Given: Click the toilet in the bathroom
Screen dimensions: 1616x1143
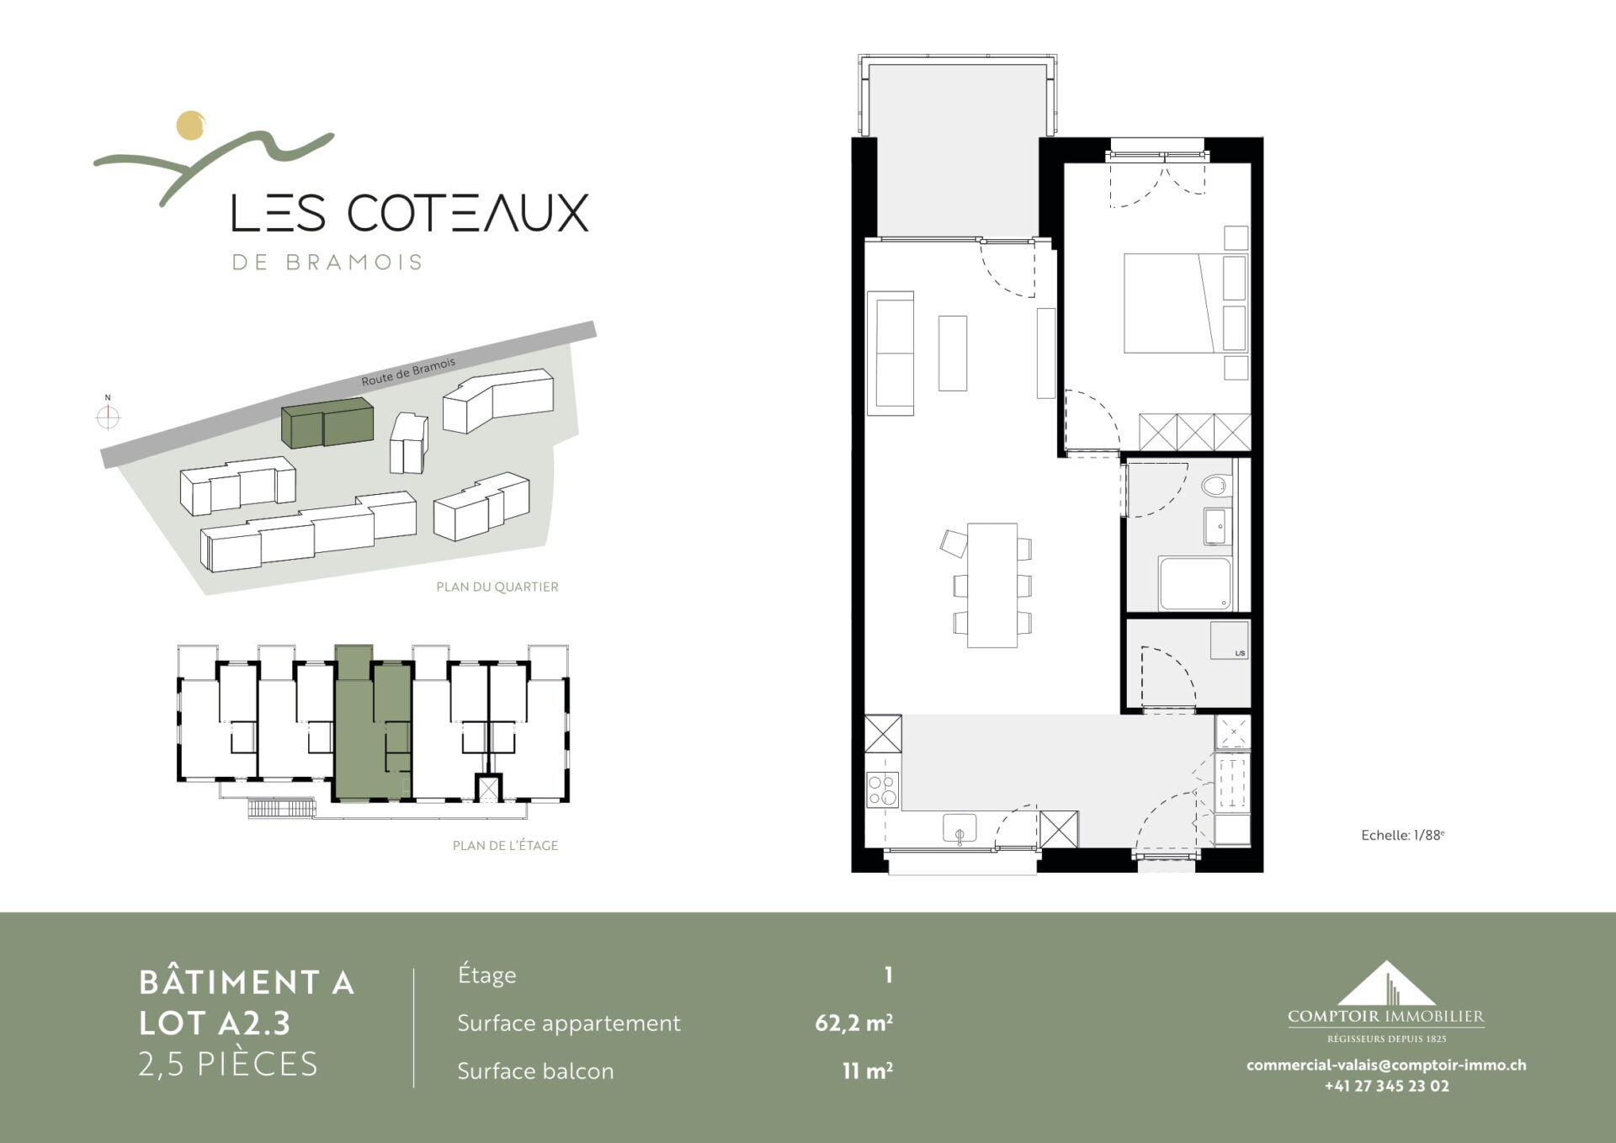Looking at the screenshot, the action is pyautogui.click(x=1215, y=485).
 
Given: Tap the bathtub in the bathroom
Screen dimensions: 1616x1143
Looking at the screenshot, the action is pyautogui.click(x=1194, y=583).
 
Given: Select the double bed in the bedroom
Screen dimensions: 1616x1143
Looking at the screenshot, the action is pyautogui.click(x=1174, y=302).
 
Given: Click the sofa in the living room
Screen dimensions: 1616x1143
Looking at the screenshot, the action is pyautogui.click(x=890, y=354).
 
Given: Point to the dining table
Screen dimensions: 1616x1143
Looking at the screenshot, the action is pyautogui.click(x=992, y=585).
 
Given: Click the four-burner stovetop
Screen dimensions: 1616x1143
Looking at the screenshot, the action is pyautogui.click(x=883, y=789).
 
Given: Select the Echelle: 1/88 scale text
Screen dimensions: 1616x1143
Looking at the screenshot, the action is pyautogui.click(x=1403, y=835).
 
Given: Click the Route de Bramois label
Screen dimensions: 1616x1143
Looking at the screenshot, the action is pyautogui.click(x=408, y=371).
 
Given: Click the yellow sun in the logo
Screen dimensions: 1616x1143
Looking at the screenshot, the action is pyautogui.click(x=191, y=125).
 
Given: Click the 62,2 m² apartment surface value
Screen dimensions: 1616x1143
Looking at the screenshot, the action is pyautogui.click(x=853, y=1023).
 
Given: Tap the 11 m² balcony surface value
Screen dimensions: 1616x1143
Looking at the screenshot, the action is pyautogui.click(x=867, y=1071).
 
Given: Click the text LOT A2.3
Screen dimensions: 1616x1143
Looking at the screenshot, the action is pyautogui.click(x=215, y=1023).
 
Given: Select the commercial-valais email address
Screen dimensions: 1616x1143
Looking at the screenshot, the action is pyautogui.click(x=1386, y=1065).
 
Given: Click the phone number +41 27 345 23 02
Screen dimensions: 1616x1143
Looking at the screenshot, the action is pyautogui.click(x=1387, y=1086).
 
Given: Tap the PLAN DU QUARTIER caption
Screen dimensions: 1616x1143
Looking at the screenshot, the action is pyautogui.click(x=497, y=587).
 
